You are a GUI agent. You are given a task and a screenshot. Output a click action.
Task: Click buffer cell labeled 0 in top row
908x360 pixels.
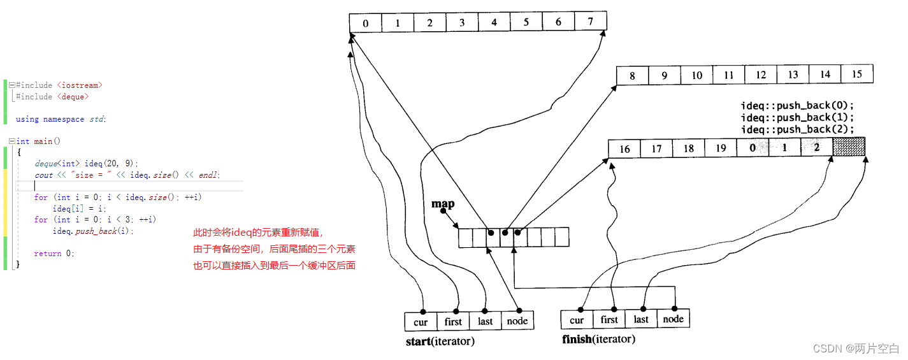coord(366,23)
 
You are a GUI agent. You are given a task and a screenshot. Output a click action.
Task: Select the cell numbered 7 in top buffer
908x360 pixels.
coord(590,22)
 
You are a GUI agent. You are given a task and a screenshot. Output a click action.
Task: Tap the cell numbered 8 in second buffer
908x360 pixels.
coord(632,75)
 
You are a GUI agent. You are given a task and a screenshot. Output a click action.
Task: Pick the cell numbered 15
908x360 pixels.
coord(856,75)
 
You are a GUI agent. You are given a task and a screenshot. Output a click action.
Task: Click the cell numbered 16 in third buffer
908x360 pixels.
coord(624,148)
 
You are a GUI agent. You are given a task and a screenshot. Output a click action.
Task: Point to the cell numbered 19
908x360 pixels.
coord(721,148)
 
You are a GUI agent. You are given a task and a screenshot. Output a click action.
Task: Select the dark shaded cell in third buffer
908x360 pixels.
coord(849,148)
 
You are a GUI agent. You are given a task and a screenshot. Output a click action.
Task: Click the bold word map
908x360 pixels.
coord(443,204)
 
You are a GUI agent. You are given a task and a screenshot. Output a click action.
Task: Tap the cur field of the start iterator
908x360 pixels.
coord(421,321)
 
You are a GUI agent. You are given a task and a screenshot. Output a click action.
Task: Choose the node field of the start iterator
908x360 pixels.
coord(517,321)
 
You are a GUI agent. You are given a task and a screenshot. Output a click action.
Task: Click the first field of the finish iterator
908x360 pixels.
coord(609,319)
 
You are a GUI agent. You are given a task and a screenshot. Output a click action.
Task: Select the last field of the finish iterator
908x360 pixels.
coord(641,319)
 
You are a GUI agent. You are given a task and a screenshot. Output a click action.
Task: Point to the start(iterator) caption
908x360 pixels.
coord(440,342)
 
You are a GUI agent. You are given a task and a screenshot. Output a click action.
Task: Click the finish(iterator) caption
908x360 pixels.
coord(598,339)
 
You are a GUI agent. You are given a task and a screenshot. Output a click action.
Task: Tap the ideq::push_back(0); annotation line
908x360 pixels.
coord(796,105)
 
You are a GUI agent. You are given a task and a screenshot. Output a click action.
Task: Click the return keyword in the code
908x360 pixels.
coord(48,254)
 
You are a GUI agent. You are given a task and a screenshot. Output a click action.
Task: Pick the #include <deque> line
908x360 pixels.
coord(52,97)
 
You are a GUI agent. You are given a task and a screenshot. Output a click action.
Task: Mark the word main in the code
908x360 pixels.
coord(43,141)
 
